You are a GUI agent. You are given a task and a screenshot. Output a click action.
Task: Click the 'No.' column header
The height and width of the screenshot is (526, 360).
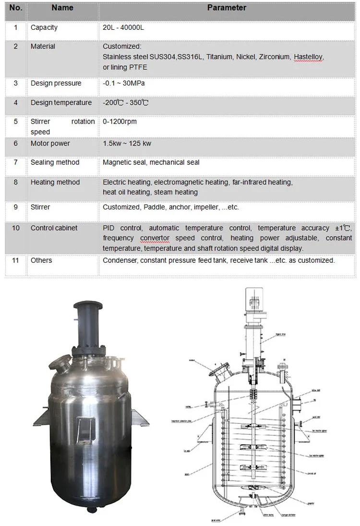coord(16,8)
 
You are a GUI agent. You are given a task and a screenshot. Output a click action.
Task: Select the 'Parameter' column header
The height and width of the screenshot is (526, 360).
coord(227,8)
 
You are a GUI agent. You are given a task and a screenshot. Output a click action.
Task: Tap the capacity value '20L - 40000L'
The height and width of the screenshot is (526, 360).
coord(123,27)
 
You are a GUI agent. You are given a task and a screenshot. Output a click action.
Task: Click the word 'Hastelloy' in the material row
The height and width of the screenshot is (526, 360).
coord(308,57)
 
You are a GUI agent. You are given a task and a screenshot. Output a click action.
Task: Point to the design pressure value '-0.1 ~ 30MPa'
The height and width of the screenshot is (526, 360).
coord(123,83)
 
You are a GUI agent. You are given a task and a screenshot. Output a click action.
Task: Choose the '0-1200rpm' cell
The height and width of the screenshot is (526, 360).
coord(120,122)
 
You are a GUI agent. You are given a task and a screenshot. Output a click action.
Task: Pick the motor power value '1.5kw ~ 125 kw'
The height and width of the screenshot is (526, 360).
coord(127,143)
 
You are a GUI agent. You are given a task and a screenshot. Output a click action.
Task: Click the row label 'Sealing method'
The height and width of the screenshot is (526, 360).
coord(55,162)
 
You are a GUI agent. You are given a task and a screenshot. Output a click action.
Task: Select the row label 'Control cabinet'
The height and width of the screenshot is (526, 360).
coord(54,228)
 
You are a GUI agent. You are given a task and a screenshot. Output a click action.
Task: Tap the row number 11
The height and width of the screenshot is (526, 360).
coord(16,260)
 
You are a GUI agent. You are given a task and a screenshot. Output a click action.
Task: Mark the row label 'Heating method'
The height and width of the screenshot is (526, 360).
coord(55,182)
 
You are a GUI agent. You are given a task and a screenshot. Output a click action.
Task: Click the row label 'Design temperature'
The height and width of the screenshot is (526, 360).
coord(61,103)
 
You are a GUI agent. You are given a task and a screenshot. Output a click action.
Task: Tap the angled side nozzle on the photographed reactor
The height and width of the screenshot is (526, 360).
coord(61,363)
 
